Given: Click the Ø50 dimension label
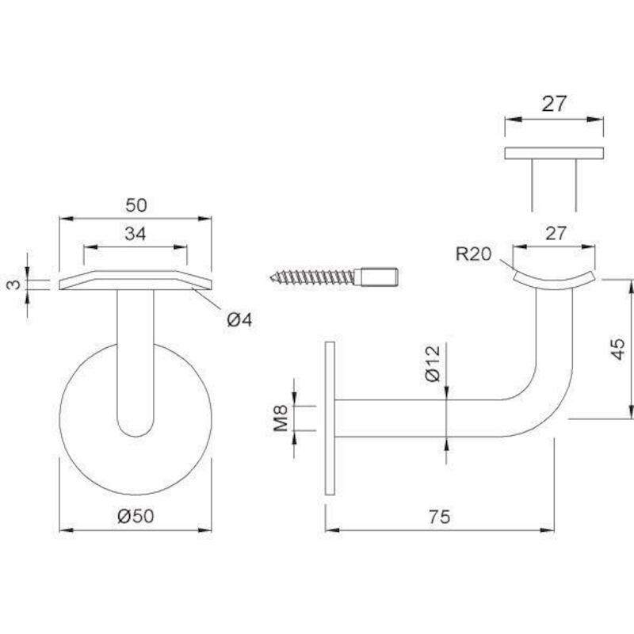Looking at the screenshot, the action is coord(136,517).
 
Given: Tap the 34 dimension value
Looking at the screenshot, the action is coord(135,234).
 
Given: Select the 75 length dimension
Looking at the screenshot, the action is coord(440,517).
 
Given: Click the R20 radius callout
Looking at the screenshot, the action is coord(473,254).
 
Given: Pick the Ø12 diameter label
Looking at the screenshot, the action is coord(433,364).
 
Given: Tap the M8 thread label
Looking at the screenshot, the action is coord(281,418).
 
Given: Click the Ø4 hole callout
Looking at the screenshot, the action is coord(239,320).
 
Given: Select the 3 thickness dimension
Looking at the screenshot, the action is coord(14,285).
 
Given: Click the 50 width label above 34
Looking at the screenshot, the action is coord(136,205).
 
